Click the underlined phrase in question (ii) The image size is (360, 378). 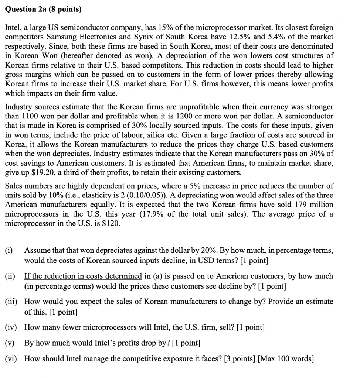tap(83, 276)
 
